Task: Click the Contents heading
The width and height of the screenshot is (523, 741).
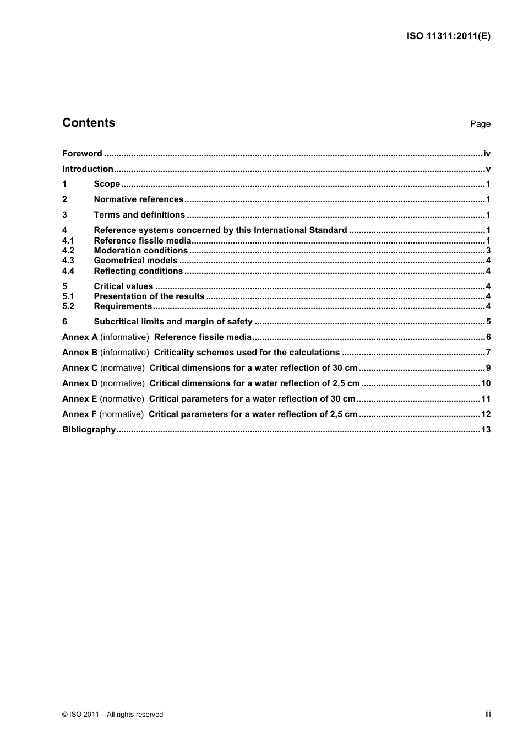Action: pyautogui.click(x=89, y=123)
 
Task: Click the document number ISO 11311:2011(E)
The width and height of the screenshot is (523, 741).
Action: pyautogui.click(x=448, y=36)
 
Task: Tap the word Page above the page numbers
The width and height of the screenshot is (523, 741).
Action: pyautogui.click(x=480, y=124)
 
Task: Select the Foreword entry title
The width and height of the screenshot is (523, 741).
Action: pyautogui.click(x=82, y=154)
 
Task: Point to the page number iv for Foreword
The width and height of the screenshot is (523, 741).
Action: pyautogui.click(x=487, y=154)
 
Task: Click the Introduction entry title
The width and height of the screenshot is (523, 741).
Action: pyautogui.click(x=88, y=169)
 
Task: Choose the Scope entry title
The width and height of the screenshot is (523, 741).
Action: pyautogui.click(x=107, y=184)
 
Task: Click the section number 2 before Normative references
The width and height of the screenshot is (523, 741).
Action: pyautogui.click(x=64, y=199)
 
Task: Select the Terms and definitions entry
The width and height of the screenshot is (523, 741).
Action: pyautogui.click(x=139, y=215)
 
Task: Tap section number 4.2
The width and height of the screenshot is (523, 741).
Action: pyautogui.click(x=68, y=251)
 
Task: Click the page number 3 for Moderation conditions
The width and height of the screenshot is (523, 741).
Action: pyautogui.click(x=488, y=251)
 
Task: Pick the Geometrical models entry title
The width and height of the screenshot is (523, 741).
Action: pyautogui.click(x=135, y=261)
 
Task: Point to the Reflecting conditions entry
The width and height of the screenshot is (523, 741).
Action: pyautogui.click(x=138, y=271)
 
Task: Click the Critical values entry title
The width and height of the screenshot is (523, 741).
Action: pyautogui.click(x=123, y=286)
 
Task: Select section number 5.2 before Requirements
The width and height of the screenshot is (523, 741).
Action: pyautogui.click(x=68, y=306)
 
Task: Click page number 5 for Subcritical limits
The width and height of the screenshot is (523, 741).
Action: pyautogui.click(x=488, y=322)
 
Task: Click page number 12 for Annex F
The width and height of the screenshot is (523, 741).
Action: pyautogui.click(x=486, y=414)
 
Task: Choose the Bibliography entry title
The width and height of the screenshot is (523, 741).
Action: pyautogui.click(x=89, y=430)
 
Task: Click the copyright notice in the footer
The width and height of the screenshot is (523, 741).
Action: pyautogui.click(x=113, y=715)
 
